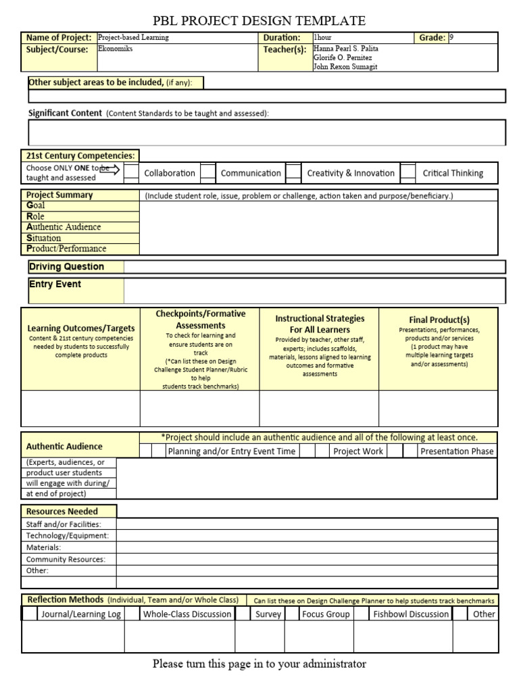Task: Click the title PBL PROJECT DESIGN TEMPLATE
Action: click(259, 21)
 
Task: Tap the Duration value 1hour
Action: click(323, 38)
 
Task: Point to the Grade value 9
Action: click(452, 38)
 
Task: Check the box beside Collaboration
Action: click(132, 173)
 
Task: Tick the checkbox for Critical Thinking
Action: click(408, 173)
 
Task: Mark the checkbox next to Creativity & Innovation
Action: click(293, 173)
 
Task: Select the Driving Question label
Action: click(66, 267)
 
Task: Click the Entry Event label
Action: click(55, 285)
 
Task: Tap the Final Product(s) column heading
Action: click(439, 320)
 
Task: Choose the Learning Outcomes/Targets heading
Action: click(80, 328)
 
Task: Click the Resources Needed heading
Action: click(62, 512)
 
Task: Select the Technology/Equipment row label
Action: click(67, 535)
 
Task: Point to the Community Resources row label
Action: click(66, 560)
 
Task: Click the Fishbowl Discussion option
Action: click(411, 614)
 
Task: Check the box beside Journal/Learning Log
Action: click(30, 614)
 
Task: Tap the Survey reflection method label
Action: click(268, 614)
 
